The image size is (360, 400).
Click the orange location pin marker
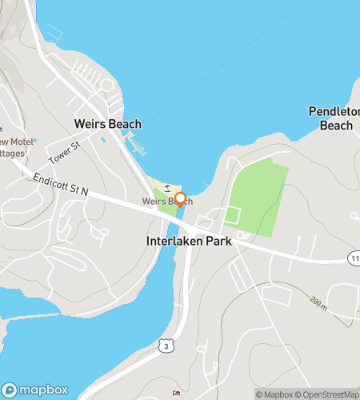click(180, 200)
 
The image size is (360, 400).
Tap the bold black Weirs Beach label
click(107, 124)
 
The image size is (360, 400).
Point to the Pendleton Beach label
click(334, 118)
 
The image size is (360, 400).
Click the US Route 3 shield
click(186, 344)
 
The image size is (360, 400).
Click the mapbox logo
click(36, 390)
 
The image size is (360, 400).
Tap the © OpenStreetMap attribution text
click(329, 394)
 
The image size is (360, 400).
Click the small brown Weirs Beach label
click(166, 201)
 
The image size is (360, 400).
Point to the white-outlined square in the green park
click(233, 215)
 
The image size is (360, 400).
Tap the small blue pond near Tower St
click(103, 141)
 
